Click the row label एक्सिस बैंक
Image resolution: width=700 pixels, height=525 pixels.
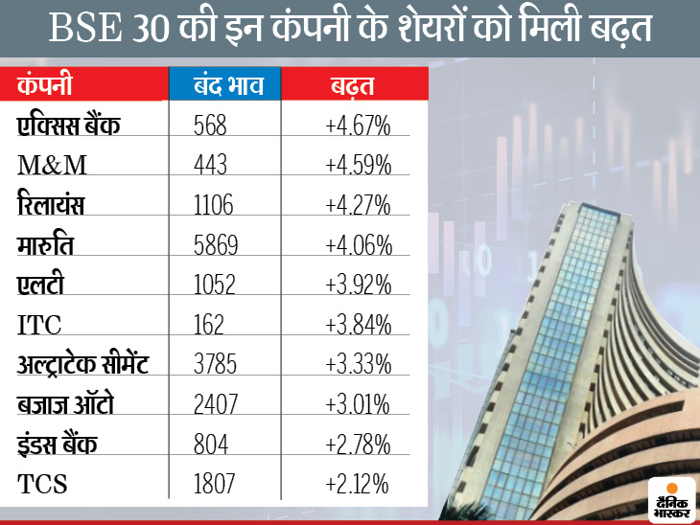click(x=69, y=126)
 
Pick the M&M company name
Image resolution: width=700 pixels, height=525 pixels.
click(x=53, y=165)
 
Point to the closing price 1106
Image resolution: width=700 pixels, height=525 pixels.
click(x=213, y=205)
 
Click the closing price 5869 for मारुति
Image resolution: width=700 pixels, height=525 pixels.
click(x=216, y=245)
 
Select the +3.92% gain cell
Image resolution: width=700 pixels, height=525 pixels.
click(x=356, y=285)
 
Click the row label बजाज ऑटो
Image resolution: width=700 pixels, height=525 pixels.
click(x=66, y=404)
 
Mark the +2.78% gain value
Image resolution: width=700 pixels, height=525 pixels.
click(x=356, y=445)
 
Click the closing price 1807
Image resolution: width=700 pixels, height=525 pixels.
click(x=214, y=485)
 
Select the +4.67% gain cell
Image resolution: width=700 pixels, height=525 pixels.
click(x=356, y=126)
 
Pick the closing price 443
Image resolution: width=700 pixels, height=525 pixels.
click(x=210, y=165)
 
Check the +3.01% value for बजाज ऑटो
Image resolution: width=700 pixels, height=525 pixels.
click(x=356, y=404)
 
